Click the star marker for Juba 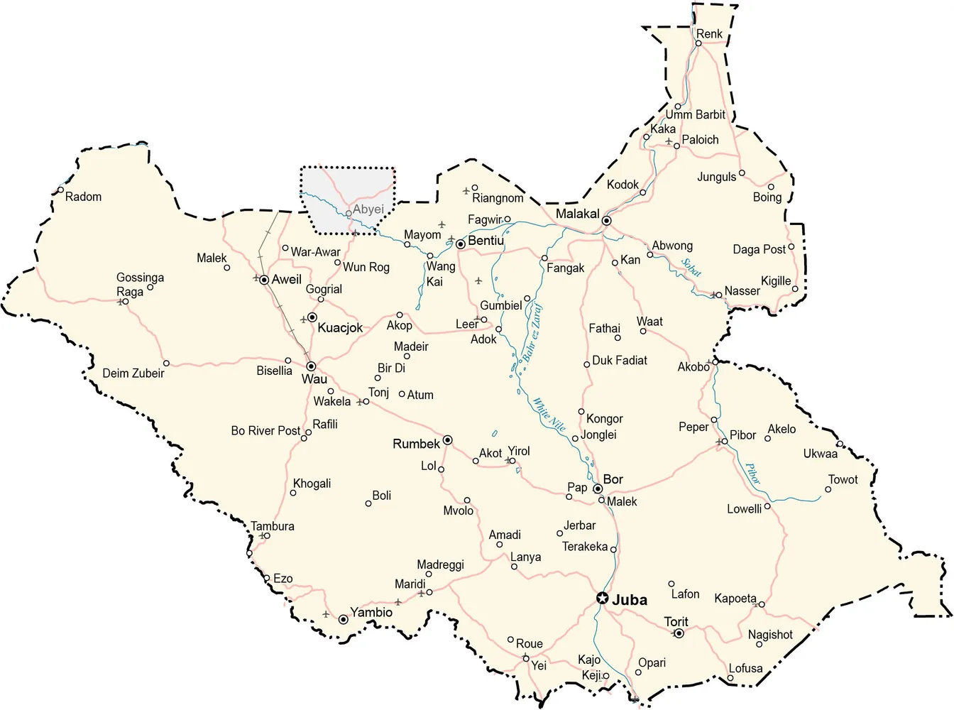tap(602, 599)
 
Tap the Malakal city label tap(577, 214)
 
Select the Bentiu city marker tap(461, 244)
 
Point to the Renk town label tap(708, 33)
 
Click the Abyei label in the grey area tap(368, 209)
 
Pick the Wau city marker tap(311, 366)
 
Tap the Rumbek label tap(416, 444)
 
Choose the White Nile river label tap(549, 415)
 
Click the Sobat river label tap(691, 268)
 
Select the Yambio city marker tap(343, 619)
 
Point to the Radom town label tap(83, 197)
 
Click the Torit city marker tap(679, 633)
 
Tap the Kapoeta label tap(735, 599)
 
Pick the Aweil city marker tap(264, 280)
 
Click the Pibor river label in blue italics tap(752, 474)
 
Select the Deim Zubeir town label tap(133, 373)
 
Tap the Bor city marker tap(598, 488)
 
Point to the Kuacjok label tap(340, 327)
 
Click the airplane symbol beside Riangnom tap(466, 190)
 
